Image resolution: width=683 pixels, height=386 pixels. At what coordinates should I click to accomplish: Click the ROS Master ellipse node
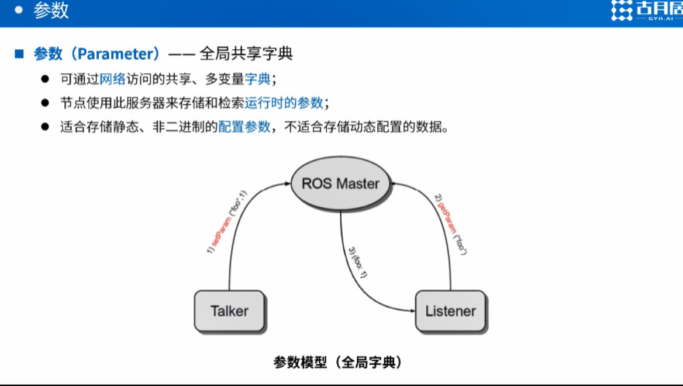[x=340, y=183]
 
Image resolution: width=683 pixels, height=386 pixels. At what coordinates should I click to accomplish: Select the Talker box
[x=229, y=311]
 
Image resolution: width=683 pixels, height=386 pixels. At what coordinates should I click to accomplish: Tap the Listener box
[x=450, y=311]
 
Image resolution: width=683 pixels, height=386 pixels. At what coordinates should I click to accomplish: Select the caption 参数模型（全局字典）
[x=338, y=362]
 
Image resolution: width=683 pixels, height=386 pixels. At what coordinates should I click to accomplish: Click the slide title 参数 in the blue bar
[x=51, y=11]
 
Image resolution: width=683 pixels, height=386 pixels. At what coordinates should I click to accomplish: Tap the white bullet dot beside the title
[x=19, y=10]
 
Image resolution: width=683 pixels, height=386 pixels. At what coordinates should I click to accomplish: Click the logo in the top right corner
[x=646, y=11]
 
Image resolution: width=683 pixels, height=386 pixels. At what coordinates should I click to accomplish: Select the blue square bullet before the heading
[x=19, y=54]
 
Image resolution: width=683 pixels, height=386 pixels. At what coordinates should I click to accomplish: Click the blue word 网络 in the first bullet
[x=112, y=79]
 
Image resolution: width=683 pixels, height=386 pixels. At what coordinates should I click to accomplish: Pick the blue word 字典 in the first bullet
[x=257, y=79]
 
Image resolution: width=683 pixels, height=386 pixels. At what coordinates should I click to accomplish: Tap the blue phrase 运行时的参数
[x=284, y=103]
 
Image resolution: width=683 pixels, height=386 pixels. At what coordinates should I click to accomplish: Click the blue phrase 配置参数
[x=244, y=127]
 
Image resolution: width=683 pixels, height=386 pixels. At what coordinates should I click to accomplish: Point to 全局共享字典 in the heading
[x=246, y=54]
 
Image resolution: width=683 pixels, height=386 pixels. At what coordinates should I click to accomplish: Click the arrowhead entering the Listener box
[x=411, y=311]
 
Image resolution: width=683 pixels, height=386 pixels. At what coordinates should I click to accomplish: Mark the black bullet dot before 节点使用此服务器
[x=45, y=103]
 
